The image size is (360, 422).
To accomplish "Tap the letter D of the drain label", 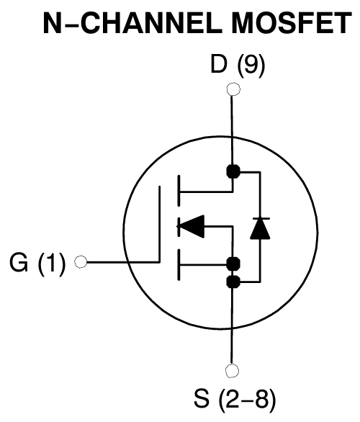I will click(x=217, y=66).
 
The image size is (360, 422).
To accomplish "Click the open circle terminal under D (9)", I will click(x=233, y=90).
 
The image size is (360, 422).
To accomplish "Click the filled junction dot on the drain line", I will click(x=233, y=171).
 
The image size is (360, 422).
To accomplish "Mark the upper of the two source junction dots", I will click(x=233, y=263).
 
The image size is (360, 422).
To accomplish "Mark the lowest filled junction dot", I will click(x=233, y=282).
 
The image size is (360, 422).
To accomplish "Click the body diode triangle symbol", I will click(x=260, y=229).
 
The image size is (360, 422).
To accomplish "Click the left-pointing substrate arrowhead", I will click(x=191, y=227).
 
